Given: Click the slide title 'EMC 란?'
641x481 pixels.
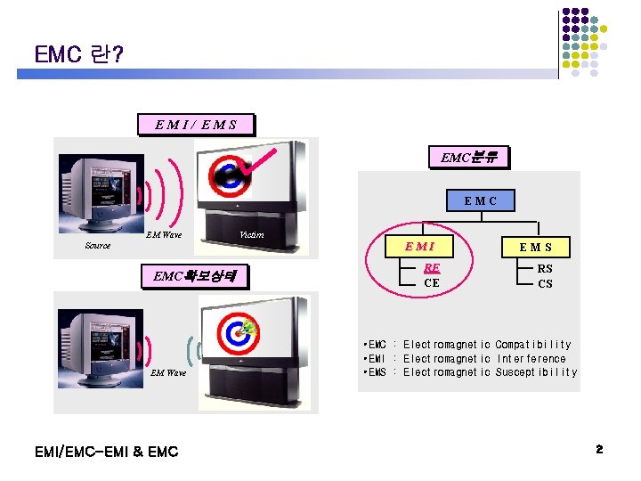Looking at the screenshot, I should coord(79,54).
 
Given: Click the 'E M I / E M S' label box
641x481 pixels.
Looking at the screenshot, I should coord(196,125).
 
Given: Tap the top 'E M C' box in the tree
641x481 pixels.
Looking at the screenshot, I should coord(480,201).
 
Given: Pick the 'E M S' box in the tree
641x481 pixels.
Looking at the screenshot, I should coord(536,247).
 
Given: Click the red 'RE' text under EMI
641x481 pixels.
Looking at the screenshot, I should coord(432,267).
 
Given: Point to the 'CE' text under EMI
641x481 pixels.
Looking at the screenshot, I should coord(432,283).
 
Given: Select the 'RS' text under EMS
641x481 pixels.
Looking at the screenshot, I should coord(545,268).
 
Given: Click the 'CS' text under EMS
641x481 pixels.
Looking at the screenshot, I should coord(545,284).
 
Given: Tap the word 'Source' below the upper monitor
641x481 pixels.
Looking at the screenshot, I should coord(98,246).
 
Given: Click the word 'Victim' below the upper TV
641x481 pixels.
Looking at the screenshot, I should coord(251,235).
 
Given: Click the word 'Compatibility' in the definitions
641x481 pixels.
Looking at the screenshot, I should coord(532,345).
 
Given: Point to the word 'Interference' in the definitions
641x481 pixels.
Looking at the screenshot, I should coord(531,359).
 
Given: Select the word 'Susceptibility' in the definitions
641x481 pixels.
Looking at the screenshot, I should coord(536,372).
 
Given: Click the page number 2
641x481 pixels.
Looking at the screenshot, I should coord(599,451).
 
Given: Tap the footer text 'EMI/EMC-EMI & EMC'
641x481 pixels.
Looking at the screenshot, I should coord(106,452).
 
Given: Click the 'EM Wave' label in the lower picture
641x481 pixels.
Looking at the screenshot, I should coord(168,372).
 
